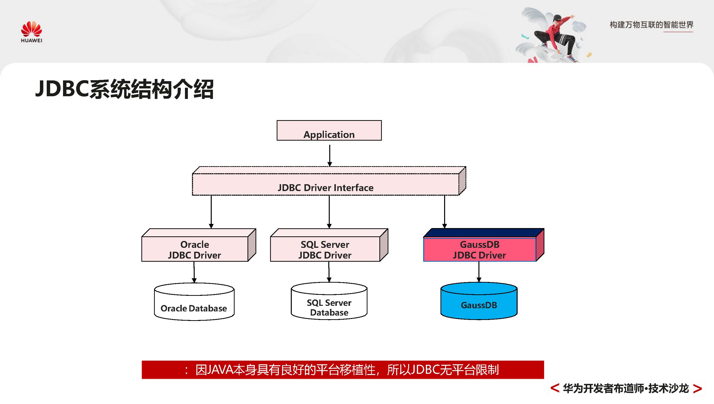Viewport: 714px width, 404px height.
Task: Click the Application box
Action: pos(329,131)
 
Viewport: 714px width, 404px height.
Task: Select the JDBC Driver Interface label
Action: pos(325,188)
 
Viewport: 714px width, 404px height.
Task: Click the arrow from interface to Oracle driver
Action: pos(211,212)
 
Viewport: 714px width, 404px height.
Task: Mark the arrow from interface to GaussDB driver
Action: pos(445,212)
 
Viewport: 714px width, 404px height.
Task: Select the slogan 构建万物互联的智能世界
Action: pos(651,25)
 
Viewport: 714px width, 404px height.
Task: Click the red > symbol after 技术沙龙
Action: pos(697,388)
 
